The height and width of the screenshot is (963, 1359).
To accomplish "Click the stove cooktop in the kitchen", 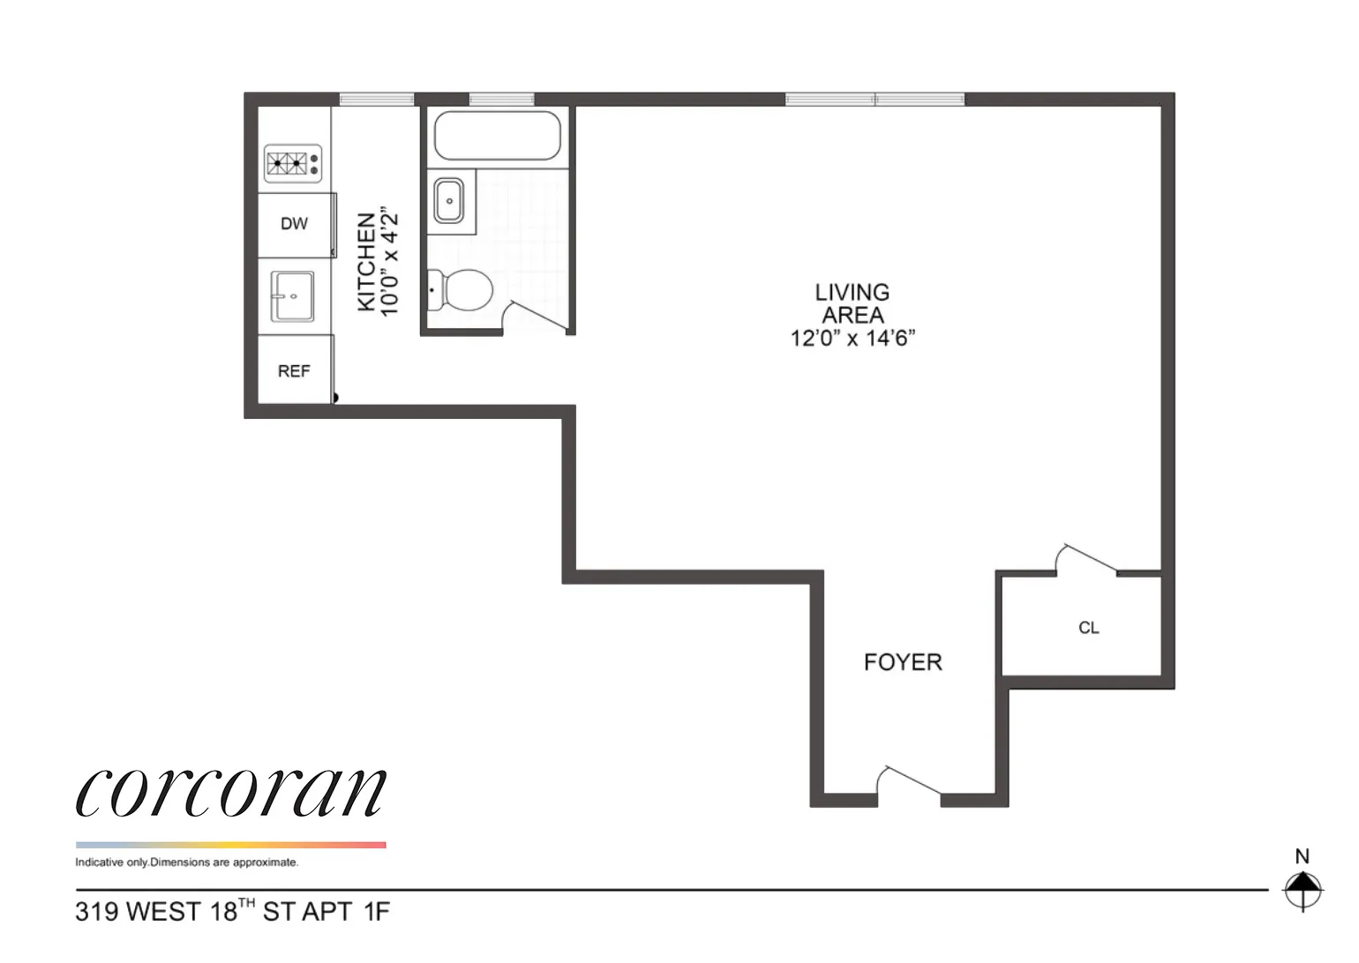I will tap(293, 163).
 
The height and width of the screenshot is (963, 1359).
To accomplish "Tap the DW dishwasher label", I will tap(294, 224).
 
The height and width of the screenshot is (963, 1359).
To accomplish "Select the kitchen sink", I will tap(292, 295).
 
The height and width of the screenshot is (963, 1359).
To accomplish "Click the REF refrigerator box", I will tap(294, 371).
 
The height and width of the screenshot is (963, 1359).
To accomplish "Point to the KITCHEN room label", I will tap(365, 262).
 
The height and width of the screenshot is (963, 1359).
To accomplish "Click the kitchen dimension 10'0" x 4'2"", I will tap(389, 262).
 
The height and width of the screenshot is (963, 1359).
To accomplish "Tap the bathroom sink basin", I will tap(450, 201).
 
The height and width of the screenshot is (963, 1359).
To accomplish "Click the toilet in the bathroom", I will tap(461, 289).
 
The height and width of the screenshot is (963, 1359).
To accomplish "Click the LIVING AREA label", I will tap(852, 303).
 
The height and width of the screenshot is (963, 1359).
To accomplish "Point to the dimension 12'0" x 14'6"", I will tap(852, 339).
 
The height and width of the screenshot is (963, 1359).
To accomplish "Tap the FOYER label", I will tap(902, 662).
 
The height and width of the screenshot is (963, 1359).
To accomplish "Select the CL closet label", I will tap(1088, 628).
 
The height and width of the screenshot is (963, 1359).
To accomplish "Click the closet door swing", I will tap(1086, 559).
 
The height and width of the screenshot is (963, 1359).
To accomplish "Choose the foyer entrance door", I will tap(909, 784).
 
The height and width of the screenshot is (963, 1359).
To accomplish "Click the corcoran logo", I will tap(231, 791).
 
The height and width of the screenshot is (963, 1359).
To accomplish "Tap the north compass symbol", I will tap(1303, 889).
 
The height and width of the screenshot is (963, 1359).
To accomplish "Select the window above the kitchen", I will tap(377, 99).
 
